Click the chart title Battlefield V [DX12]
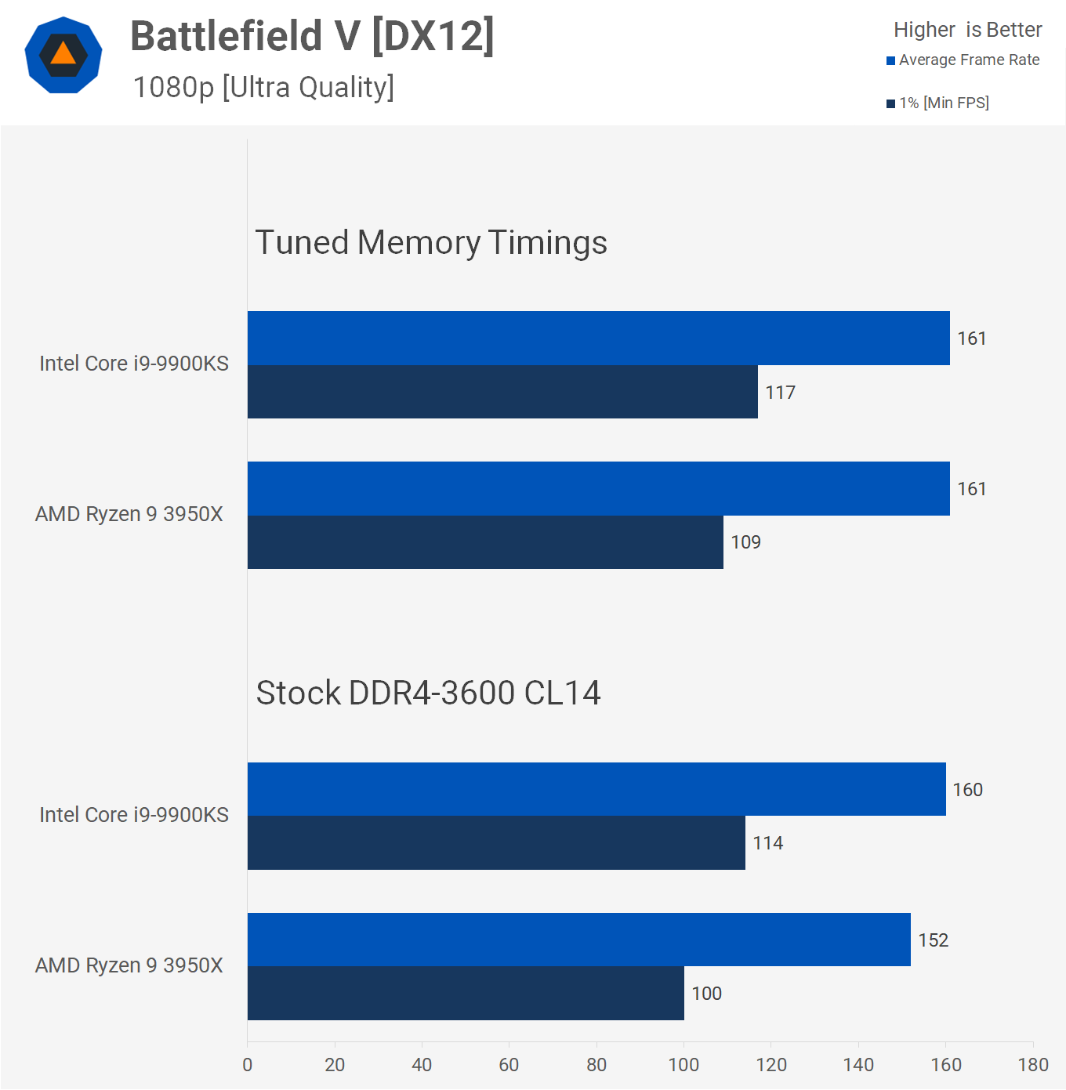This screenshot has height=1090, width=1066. pos(312,36)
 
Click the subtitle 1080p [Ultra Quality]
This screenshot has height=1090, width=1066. pos(263,87)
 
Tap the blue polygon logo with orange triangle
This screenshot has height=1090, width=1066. pos(63,55)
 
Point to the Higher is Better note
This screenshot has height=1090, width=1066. pos(967,30)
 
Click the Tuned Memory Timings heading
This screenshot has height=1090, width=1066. pos(431,242)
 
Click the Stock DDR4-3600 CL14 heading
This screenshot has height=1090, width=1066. pos(428,693)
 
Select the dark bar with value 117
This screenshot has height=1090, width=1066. pos(502,392)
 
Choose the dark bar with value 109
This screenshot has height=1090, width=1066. pos(485,542)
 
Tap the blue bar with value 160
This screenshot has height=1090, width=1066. pos(596,789)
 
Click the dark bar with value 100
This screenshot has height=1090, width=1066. pos(466,994)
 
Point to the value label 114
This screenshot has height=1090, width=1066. pos(768,843)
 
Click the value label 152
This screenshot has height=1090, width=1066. pos(934,940)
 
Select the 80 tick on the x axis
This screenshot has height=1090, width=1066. pos(596,1064)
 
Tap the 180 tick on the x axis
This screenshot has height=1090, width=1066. pos(1033,1064)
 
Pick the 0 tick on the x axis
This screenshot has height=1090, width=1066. pos(248,1064)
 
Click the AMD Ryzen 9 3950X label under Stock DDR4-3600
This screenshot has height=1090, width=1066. pos(129,965)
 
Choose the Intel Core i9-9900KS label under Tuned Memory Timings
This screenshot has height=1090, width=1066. pos(134,364)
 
